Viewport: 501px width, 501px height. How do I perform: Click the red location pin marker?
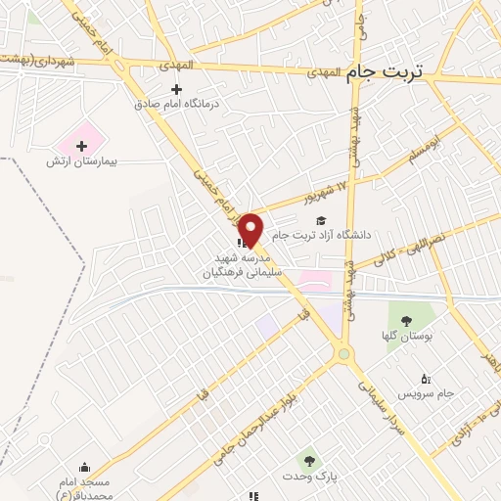point(250,229)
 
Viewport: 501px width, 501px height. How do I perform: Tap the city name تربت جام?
point(389,72)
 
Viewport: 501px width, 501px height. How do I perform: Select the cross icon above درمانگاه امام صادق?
point(176,90)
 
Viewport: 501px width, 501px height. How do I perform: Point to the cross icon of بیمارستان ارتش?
point(81,146)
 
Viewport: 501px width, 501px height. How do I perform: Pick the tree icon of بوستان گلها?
point(406,322)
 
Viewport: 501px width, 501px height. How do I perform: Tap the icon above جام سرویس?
point(425,379)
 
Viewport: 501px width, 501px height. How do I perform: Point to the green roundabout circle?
point(343,354)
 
